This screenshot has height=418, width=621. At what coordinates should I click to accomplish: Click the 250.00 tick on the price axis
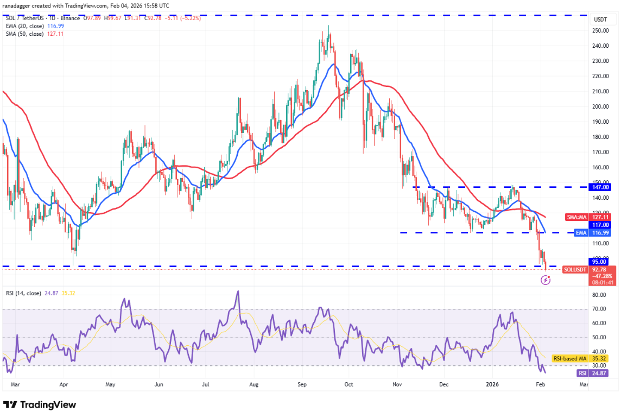click(601, 31)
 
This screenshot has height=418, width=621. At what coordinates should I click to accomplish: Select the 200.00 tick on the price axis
click(601, 107)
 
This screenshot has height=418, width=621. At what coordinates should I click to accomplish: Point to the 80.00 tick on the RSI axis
click(599, 295)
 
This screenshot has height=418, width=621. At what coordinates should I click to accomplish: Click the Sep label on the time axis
click(302, 385)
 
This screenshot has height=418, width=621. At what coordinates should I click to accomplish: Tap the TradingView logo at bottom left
click(40, 405)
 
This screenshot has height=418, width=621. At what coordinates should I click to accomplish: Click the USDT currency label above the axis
click(600, 19)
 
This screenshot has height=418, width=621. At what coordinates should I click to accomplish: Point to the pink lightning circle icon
click(546, 280)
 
